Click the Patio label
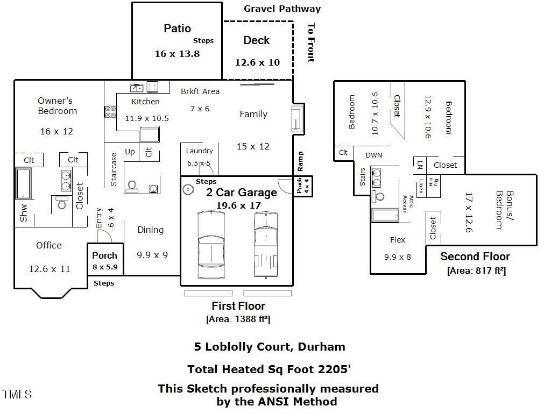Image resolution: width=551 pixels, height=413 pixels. [x=177, y=29]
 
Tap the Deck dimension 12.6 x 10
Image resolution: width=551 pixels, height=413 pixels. [x=257, y=62]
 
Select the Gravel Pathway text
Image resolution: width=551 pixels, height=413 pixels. [x=282, y=9]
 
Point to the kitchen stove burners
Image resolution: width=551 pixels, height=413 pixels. [x=110, y=111]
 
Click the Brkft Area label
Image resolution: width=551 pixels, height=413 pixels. [x=200, y=91]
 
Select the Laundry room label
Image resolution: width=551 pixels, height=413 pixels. [x=199, y=151]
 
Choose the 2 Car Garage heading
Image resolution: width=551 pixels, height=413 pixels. [x=242, y=193]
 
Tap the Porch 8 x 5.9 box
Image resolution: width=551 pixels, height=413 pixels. [x=104, y=260]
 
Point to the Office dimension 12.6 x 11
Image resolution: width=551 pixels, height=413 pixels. [x=50, y=269]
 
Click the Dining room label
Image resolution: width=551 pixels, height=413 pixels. [x=150, y=230]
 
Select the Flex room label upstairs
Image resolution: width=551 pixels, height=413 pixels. [x=398, y=240]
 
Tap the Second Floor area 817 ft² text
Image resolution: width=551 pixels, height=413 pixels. [x=476, y=271]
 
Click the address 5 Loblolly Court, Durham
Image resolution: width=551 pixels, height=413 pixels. [x=269, y=347]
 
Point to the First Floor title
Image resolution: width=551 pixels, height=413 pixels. [x=238, y=306]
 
